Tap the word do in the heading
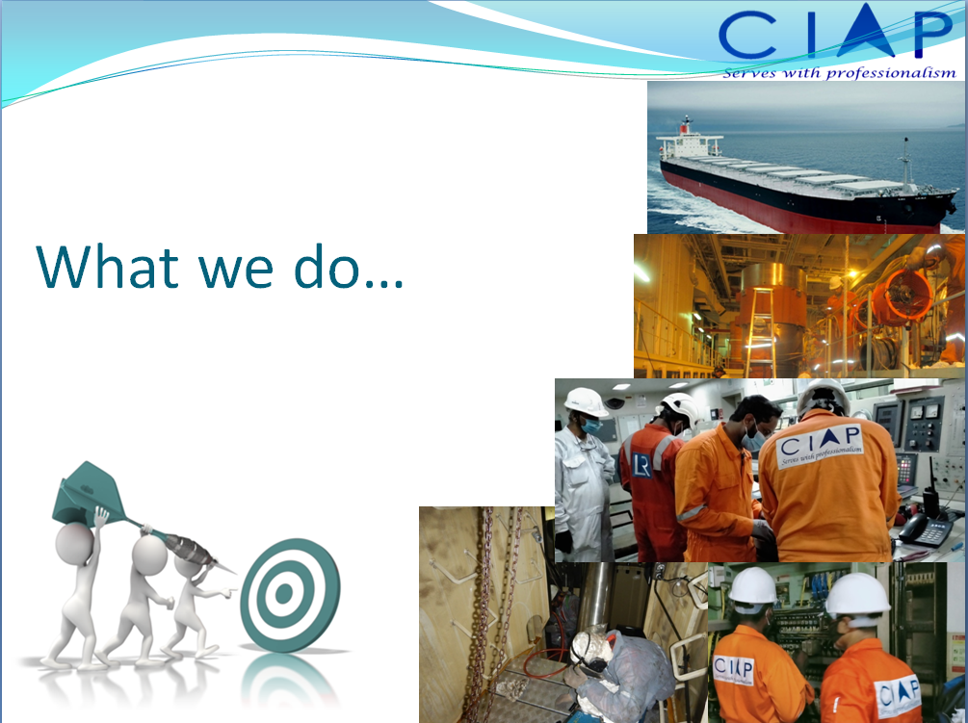327,267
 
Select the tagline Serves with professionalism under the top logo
839,73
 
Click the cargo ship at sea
805,179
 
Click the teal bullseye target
290,595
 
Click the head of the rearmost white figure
75,542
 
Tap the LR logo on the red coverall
641,465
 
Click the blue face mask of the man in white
590,426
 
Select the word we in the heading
235,271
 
